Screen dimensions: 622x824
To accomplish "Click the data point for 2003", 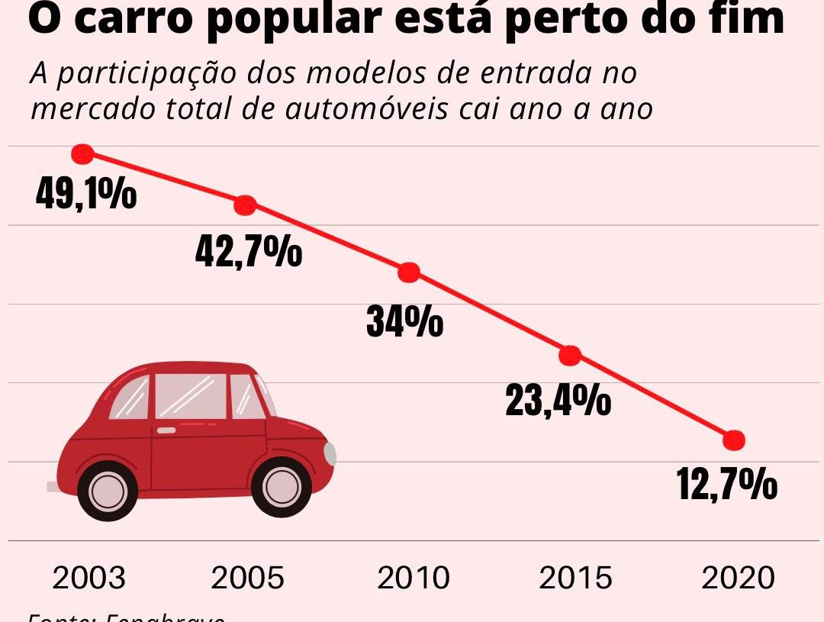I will pos(82,154).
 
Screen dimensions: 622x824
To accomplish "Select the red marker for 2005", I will pos(245,205).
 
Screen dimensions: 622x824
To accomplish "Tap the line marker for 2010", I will pos(410,272).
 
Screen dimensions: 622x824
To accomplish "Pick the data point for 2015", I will pos(570,355).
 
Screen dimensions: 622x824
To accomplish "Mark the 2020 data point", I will pos(733,440).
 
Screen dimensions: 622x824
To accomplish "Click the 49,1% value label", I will pos(86,194).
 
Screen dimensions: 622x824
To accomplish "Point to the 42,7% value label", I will pos(249,251).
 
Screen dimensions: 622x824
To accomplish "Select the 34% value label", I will pos(404,321).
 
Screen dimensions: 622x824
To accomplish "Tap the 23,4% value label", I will pos(558,400).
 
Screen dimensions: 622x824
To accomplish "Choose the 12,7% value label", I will pos(727,485).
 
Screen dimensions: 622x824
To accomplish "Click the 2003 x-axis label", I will pos(89,578).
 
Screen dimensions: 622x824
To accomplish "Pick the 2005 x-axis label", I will pos(248,578).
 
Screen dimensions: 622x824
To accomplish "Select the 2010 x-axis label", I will pos(414,578).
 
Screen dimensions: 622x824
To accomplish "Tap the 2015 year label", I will pos(575,578).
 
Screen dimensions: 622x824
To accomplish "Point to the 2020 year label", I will pos(738,578).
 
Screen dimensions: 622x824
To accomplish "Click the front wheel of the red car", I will pos(282,486).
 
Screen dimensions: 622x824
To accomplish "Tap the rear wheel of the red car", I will pos(108,491).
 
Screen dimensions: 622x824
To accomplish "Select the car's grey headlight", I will pos(330,453).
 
